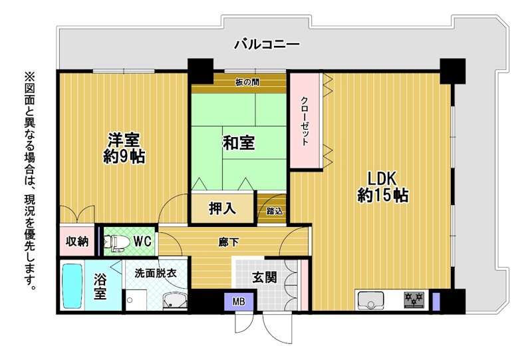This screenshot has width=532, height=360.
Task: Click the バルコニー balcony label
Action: coord(267,44)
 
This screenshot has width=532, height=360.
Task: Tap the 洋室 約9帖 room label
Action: coord(124,148)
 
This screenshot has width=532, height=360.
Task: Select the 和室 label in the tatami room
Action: coord(239,142)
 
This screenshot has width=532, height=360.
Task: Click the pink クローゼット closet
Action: coord(305,120)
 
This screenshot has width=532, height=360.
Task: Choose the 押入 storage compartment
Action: coord(223,208)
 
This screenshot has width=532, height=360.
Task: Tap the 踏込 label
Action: coord(274,211)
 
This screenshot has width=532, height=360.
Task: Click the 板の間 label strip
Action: coord(247,82)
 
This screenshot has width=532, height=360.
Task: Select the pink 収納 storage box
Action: coord(77,241)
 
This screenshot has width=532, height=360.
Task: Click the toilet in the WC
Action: coord(116,242)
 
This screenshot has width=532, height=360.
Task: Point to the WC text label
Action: coord(142,241)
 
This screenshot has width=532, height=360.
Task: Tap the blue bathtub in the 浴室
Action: coord(72,286)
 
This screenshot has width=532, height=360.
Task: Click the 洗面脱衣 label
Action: coord(156,273)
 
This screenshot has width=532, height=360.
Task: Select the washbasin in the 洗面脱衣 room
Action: coord(175,300)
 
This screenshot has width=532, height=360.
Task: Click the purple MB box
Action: coord(239,301)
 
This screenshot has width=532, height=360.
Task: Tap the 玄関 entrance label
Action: coord(264,277)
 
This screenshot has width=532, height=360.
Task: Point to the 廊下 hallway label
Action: coord(228,242)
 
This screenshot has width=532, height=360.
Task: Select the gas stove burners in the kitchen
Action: coord(414,299)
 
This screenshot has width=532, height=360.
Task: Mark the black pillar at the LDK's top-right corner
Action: coord(452,71)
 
